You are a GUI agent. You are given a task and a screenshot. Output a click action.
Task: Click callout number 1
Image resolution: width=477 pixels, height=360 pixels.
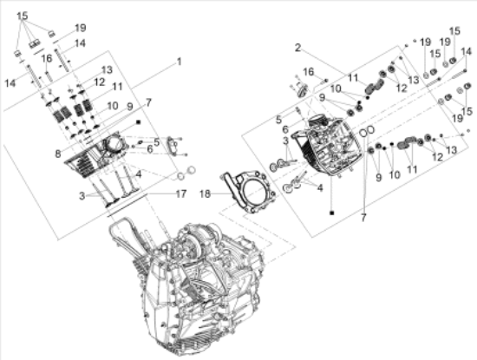coord(180,62)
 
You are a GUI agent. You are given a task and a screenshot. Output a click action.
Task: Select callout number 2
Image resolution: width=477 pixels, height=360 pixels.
coord(297,48)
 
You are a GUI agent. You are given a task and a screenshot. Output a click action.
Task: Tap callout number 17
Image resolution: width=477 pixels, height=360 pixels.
coord(181,193)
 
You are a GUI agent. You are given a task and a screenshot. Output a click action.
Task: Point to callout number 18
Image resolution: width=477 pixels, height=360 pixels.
coord(205,193)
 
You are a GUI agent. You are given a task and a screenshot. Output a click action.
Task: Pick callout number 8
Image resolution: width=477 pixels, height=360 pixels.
coord(58,154)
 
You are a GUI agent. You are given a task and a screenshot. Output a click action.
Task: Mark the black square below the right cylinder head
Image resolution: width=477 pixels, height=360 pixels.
coord(332,213)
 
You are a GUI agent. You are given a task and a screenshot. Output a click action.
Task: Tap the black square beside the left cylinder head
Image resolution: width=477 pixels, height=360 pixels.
coord(138,122)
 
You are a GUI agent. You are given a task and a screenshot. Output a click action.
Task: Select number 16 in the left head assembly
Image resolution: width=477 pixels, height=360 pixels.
coord(47,58)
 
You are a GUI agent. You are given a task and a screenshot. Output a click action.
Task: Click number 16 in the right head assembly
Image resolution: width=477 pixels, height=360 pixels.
coord(309,72)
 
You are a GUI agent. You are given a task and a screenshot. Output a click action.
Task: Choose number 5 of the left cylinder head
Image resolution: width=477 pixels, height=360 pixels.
coord(157,141)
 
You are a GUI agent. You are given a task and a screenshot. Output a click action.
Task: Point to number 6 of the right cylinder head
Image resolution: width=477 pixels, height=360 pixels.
coord(285,129)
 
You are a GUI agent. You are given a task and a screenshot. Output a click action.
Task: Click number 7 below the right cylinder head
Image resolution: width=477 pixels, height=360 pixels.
coord(363,218)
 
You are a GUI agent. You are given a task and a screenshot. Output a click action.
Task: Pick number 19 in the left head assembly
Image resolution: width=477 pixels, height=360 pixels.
coord(81,28)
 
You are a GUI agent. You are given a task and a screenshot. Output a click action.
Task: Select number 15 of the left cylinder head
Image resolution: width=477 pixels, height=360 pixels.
coord(23,16)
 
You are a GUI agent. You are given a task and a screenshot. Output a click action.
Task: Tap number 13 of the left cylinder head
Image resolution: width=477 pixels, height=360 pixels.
coord(107,70)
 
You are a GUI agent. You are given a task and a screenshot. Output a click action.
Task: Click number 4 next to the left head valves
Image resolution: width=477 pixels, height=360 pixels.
coord(139,174)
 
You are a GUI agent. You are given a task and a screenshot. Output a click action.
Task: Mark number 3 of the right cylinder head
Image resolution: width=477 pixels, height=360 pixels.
coord(285,141)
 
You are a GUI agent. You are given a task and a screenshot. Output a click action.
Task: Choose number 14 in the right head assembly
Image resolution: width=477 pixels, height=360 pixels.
coord(466,51)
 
